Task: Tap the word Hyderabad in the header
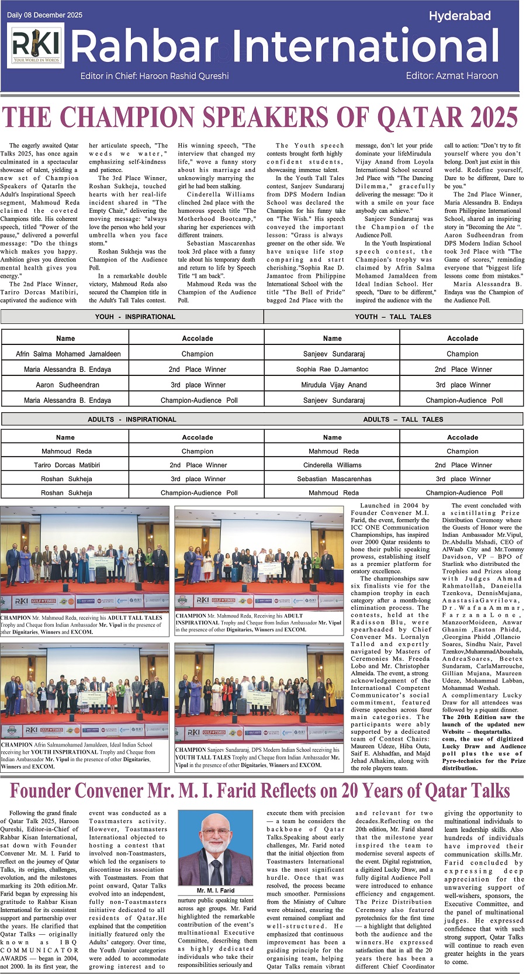(x=459, y=16)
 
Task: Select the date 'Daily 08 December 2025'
(x=45, y=15)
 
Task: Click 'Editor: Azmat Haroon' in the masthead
(x=452, y=76)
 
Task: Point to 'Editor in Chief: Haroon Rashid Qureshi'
(x=155, y=76)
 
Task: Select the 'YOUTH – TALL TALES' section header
(x=393, y=317)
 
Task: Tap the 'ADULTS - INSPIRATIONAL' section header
(x=131, y=419)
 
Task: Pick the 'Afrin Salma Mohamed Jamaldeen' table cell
(x=68, y=354)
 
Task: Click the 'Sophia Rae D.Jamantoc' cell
(x=332, y=369)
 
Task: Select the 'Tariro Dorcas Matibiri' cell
(x=67, y=465)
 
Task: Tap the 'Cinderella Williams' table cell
(x=332, y=465)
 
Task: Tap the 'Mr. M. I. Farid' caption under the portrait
(x=216, y=890)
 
